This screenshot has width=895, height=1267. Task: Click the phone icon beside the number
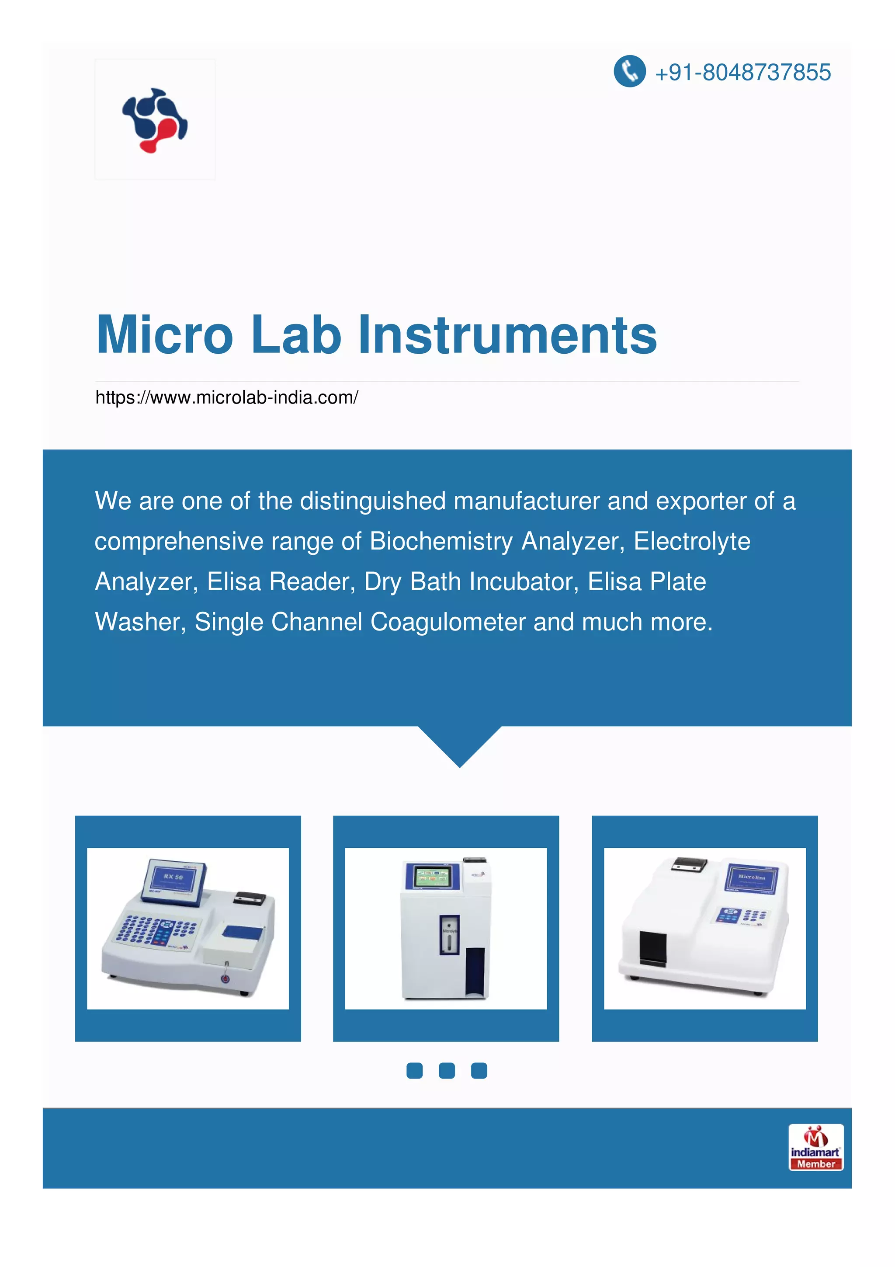[629, 71]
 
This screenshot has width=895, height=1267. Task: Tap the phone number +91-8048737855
[742, 72]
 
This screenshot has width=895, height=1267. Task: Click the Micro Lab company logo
[155, 119]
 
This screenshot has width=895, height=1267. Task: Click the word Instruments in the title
[507, 334]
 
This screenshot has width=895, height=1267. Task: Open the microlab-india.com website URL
[227, 397]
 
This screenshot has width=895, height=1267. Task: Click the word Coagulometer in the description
[448, 622]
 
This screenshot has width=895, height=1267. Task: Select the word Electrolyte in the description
[691, 541]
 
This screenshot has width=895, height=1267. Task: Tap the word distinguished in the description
[372, 501]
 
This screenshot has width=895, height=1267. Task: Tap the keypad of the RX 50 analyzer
[156, 930]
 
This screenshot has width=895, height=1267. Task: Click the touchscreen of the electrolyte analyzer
[433, 876]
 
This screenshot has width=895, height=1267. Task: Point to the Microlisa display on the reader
[751, 878]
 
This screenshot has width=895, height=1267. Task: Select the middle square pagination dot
[447, 1071]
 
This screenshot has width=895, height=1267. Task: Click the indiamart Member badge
[815, 1147]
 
